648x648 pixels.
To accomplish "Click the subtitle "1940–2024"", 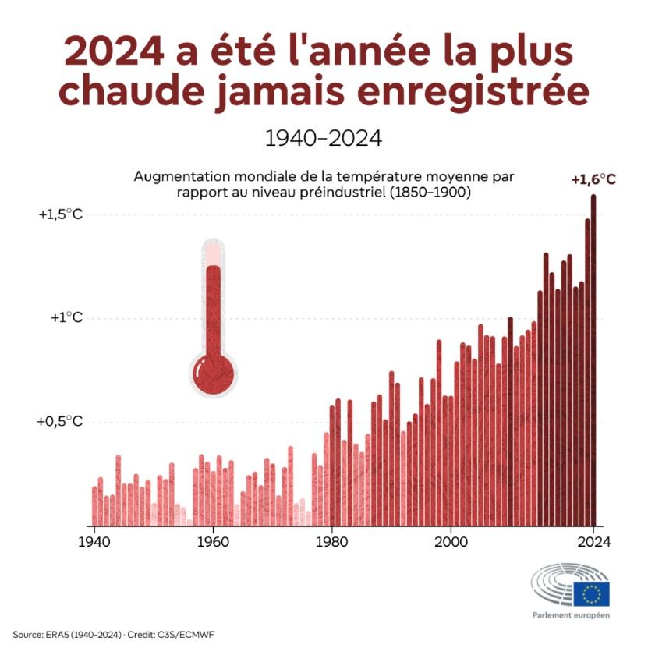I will tap(323, 139).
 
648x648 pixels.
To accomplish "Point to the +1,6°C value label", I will tap(593, 180).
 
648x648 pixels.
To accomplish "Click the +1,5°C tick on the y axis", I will tap(60, 214).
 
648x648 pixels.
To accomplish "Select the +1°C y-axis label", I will tap(66, 318).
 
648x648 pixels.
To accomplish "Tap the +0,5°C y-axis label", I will tap(60, 422).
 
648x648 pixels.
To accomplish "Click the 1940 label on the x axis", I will tap(94, 540).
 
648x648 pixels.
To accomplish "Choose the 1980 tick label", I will tap(331, 540).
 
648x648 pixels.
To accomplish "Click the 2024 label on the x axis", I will tap(593, 540).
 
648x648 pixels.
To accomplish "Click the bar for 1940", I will tap(94, 507).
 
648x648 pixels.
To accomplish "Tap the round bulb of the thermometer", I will tap(212, 374).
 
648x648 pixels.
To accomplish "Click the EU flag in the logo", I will tap(591, 594).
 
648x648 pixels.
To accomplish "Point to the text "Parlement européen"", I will tap(571, 615).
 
